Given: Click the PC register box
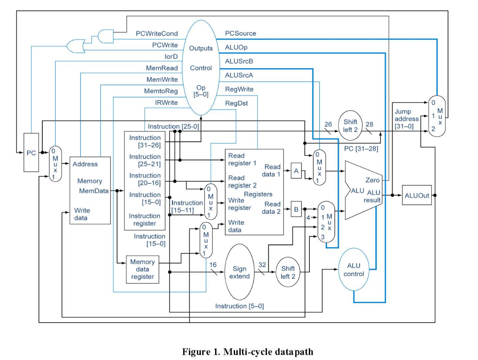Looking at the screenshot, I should [x=31, y=153].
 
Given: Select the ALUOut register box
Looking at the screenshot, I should [x=417, y=195].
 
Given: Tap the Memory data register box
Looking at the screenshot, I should [x=142, y=269].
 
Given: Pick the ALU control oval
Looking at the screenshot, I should [x=353, y=270].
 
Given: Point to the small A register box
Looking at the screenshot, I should [x=296, y=170].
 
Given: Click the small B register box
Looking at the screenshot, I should [x=296, y=210].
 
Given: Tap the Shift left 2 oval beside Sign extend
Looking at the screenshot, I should [x=287, y=272].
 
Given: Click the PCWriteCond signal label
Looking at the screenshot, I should [x=157, y=33].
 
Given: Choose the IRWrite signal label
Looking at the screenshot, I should [x=166, y=102].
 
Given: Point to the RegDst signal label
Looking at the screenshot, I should [x=236, y=103].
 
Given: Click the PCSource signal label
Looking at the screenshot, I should [x=240, y=33].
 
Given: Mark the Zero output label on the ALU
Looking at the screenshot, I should [x=372, y=180].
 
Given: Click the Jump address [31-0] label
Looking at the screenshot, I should [x=407, y=119].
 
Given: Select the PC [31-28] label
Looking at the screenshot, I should [x=360, y=148].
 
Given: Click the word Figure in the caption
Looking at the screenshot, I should [x=195, y=352].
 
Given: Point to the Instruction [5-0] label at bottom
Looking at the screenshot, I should [x=239, y=306].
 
